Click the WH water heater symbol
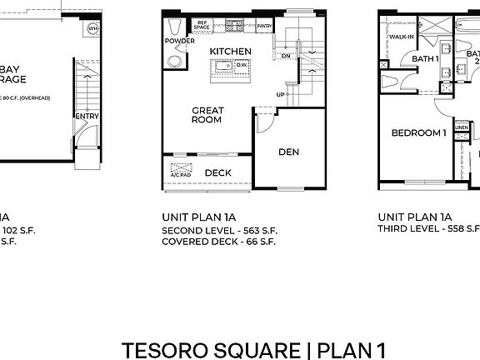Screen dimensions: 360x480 point(92,28)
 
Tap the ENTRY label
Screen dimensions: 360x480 point(87,116)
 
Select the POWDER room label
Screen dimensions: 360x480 point(179,41)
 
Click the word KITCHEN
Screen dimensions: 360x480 point(230,52)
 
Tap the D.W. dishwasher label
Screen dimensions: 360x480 point(242,64)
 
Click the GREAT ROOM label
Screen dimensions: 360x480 point(207,115)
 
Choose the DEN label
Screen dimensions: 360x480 point(289,152)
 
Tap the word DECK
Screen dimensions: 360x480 point(217,173)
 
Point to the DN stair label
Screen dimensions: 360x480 point(285,57)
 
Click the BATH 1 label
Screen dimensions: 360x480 point(426,58)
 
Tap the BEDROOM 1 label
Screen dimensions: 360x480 point(419,132)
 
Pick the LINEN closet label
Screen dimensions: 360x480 point(461,150)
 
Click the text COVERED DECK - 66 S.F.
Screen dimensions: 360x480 point(217,242)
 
